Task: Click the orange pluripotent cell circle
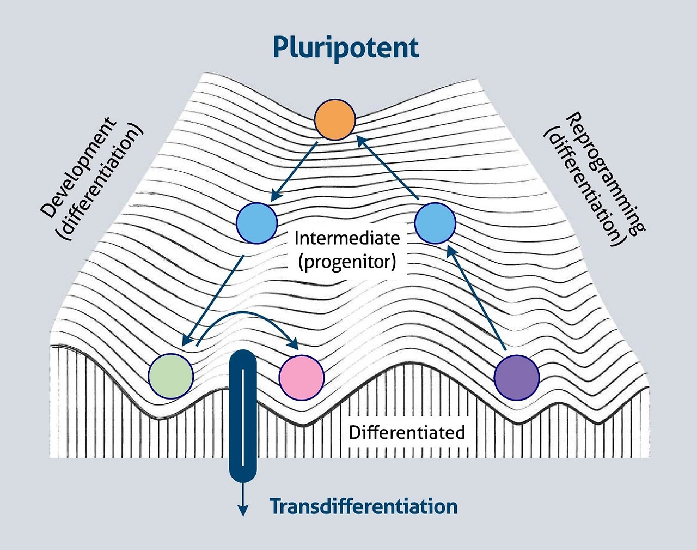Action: point(335,119)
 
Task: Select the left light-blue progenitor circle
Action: point(256,223)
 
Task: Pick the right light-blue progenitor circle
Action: point(435,223)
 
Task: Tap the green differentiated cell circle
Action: point(171,376)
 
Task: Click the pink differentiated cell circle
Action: point(301,377)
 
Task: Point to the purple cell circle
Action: point(516,377)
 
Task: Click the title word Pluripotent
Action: point(346,47)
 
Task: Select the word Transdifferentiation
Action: point(364,506)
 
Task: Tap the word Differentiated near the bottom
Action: point(407,433)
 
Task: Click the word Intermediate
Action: point(347,238)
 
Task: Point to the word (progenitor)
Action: point(347,262)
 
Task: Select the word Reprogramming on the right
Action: point(604,173)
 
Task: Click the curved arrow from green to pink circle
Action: point(248,318)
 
